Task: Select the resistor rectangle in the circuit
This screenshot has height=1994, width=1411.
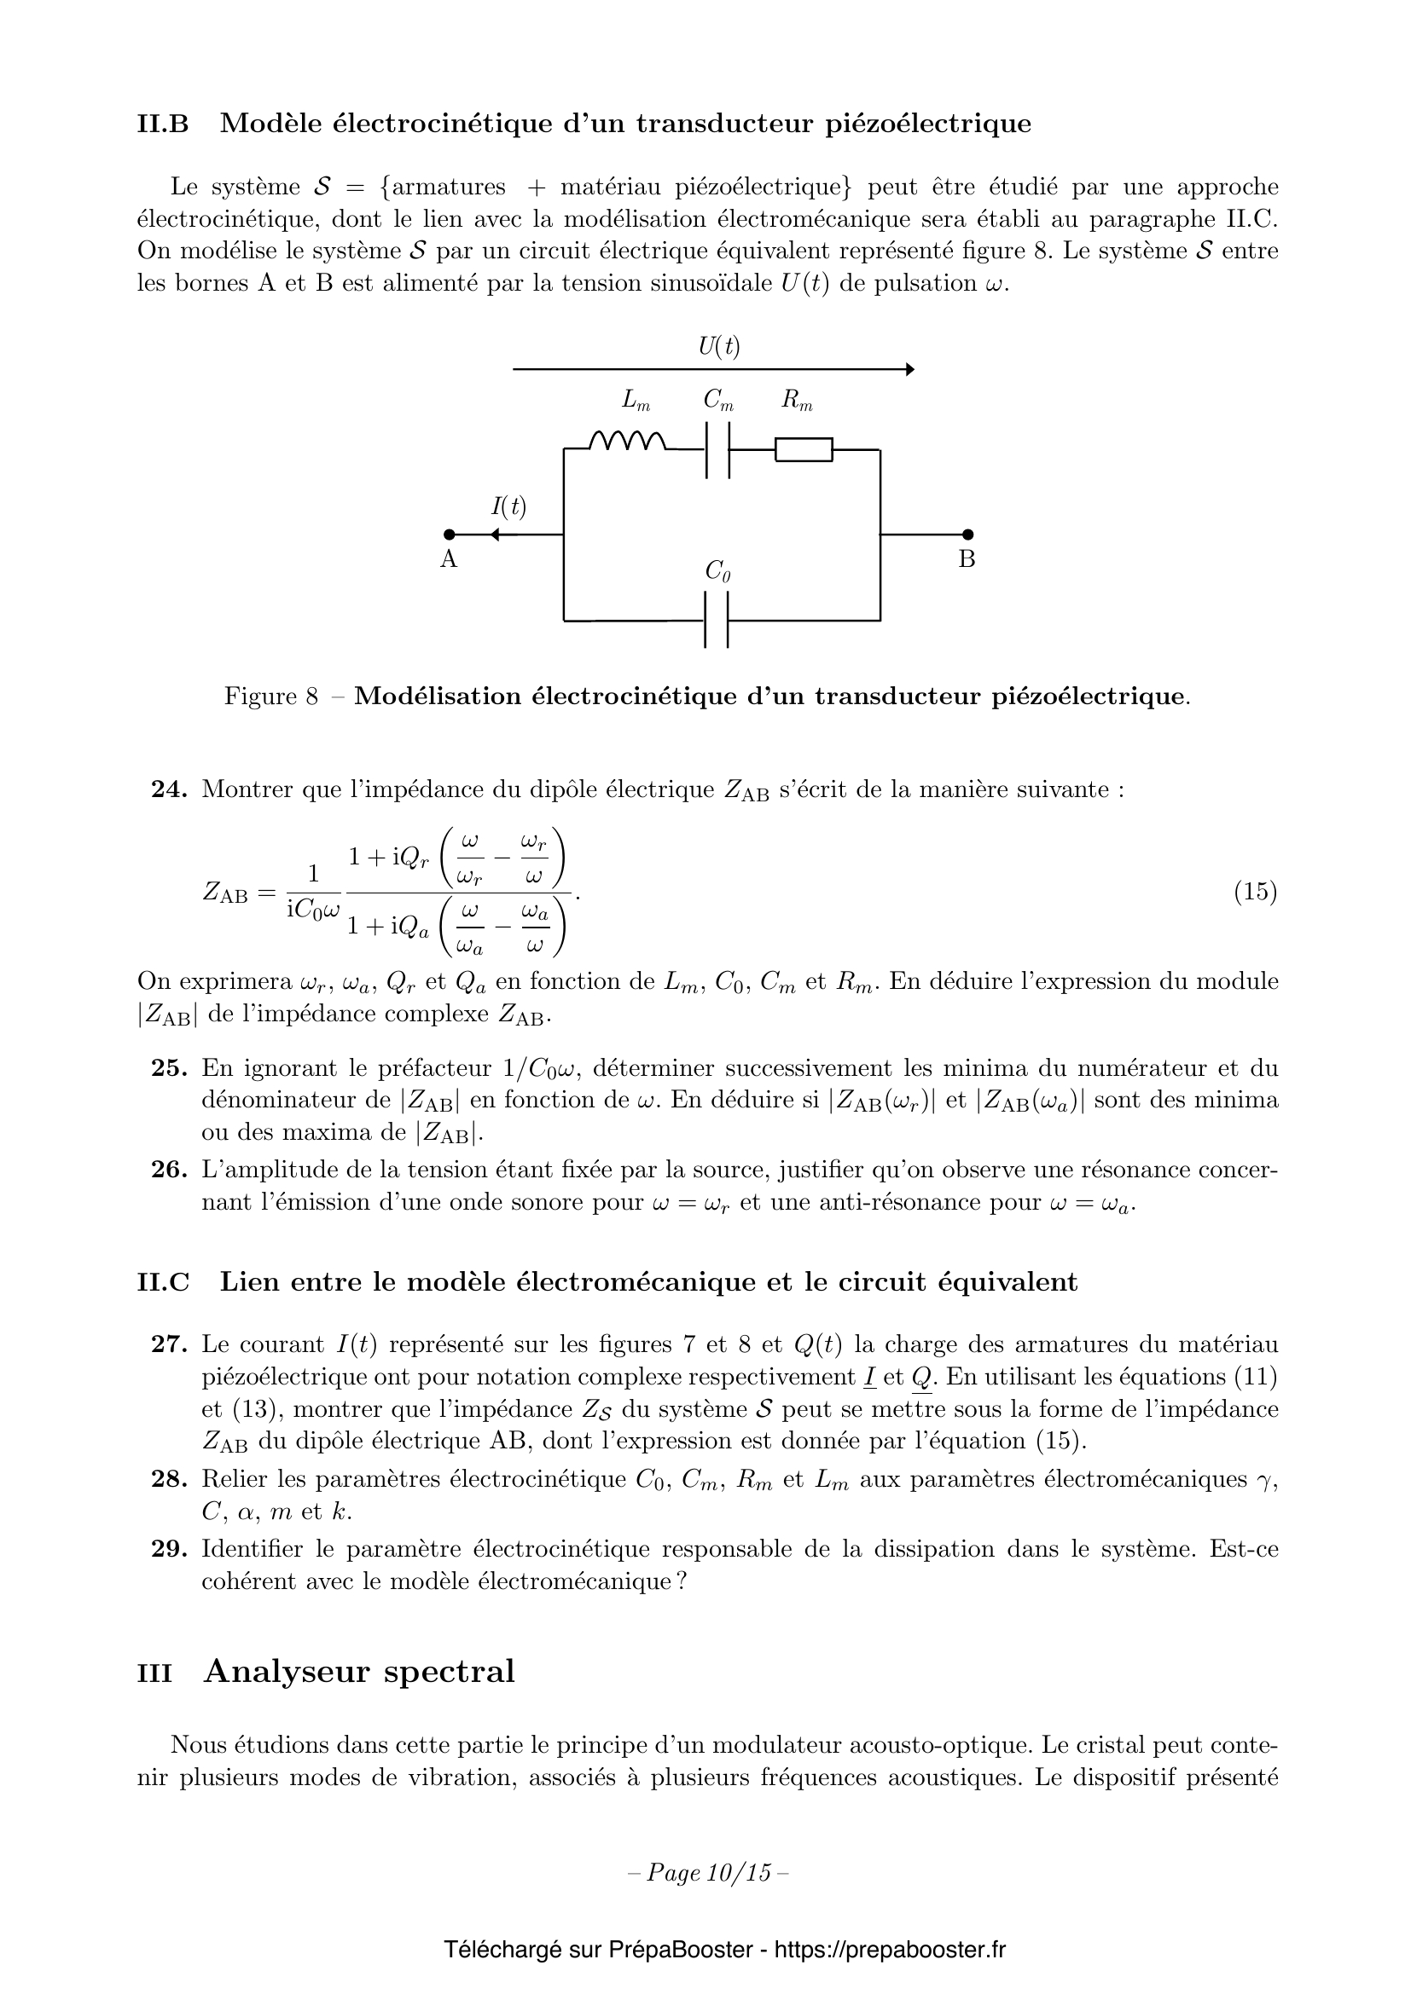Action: [x=804, y=450]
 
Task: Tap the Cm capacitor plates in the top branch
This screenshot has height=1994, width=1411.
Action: [x=717, y=450]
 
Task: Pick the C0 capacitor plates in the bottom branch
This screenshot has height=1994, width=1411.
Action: [x=716, y=620]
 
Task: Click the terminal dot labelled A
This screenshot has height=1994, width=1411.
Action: [x=450, y=535]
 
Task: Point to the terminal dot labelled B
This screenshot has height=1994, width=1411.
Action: [x=968, y=535]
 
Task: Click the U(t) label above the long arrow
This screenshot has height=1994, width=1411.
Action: [x=719, y=346]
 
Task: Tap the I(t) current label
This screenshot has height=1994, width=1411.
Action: [x=508, y=506]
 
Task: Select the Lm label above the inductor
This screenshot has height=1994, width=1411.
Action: [x=636, y=401]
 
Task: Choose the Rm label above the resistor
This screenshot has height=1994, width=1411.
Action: [x=796, y=401]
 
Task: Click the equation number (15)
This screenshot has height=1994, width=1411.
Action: [x=1256, y=892]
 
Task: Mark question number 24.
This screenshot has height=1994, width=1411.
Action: [x=170, y=789]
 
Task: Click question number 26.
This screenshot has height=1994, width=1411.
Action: [x=170, y=1170]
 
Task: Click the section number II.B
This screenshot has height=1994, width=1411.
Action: [x=162, y=124]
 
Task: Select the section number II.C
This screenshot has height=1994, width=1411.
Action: [x=162, y=1282]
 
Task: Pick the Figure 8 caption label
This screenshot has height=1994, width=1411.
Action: [x=271, y=696]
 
